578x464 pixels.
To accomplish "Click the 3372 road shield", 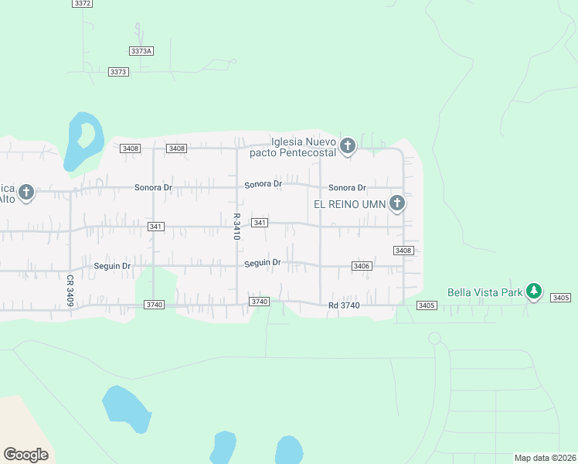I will [83, 4].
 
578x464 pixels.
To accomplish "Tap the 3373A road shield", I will [141, 51].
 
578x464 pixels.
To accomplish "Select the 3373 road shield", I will [118, 72].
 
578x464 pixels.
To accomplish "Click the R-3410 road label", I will [236, 227].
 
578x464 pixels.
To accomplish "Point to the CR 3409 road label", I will [70, 291].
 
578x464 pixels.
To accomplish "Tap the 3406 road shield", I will [362, 266].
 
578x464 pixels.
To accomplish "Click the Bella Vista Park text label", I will [484, 292].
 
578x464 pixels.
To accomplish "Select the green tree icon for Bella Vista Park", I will [533, 291].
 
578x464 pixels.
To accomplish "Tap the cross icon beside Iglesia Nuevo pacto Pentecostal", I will [348, 145].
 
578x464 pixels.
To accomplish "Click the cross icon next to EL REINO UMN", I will [397, 203].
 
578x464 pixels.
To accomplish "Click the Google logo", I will [25, 455].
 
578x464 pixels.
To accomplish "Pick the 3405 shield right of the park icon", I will [561, 298].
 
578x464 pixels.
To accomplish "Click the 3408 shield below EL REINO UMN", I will [403, 251].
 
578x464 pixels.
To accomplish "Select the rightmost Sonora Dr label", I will [346, 188].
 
